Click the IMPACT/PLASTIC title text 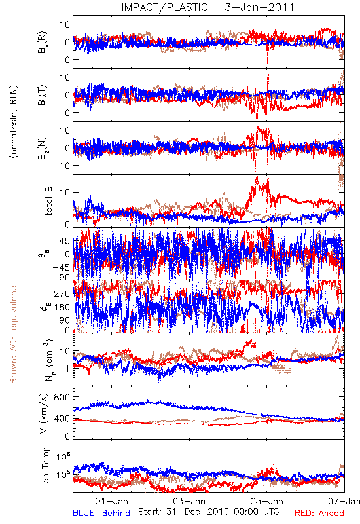pyautogui.click(x=164, y=7)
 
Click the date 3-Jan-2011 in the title pyautogui.click(x=259, y=7)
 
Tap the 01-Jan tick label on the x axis pyautogui.click(x=111, y=501)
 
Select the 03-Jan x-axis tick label pyautogui.click(x=189, y=501)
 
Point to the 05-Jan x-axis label pyautogui.click(x=267, y=501)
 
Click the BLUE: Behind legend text pyautogui.click(x=101, y=513)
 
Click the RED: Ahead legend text pyautogui.click(x=319, y=513)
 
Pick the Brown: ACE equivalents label pyautogui.click(x=13, y=333)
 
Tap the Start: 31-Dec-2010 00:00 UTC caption pyautogui.click(x=209, y=512)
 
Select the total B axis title pyautogui.click(x=48, y=201)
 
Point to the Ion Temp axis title pyautogui.click(x=45, y=466)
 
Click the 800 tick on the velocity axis pyautogui.click(x=62, y=397)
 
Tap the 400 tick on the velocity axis pyautogui.click(x=62, y=418)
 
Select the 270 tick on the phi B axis pyautogui.click(x=62, y=293)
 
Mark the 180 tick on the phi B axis pyautogui.click(x=62, y=307)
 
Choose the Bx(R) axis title pyautogui.click(x=43, y=42)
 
